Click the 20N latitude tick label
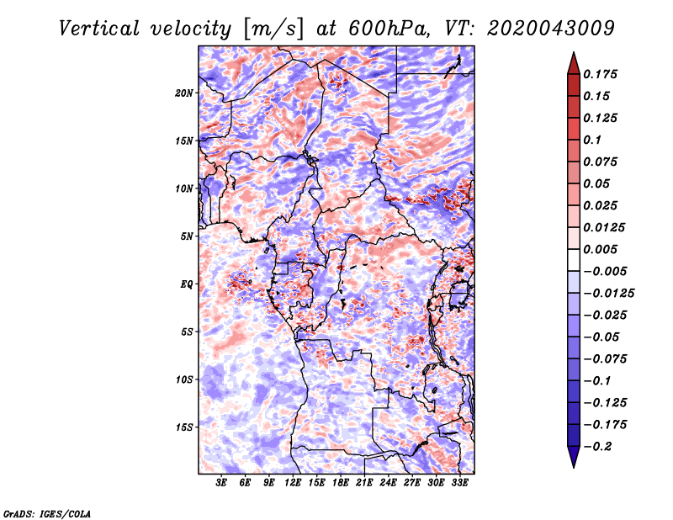point(184,93)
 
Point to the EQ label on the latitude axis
point(187,284)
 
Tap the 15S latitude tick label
point(184,427)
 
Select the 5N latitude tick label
point(187,236)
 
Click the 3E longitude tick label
point(220,483)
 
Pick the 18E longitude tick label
point(340,483)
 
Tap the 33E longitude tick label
point(459,483)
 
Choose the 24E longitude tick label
point(388,483)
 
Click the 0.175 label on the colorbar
point(600,74)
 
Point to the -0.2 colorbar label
point(597,447)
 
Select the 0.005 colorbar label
point(600,249)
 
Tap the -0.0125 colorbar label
point(608,294)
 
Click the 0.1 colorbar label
point(592,140)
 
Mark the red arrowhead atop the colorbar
point(574,63)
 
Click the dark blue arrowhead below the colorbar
point(574,457)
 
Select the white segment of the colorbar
point(574,260)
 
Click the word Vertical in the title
point(99,29)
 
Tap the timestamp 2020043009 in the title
point(551,29)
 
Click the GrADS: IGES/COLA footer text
point(47,514)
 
